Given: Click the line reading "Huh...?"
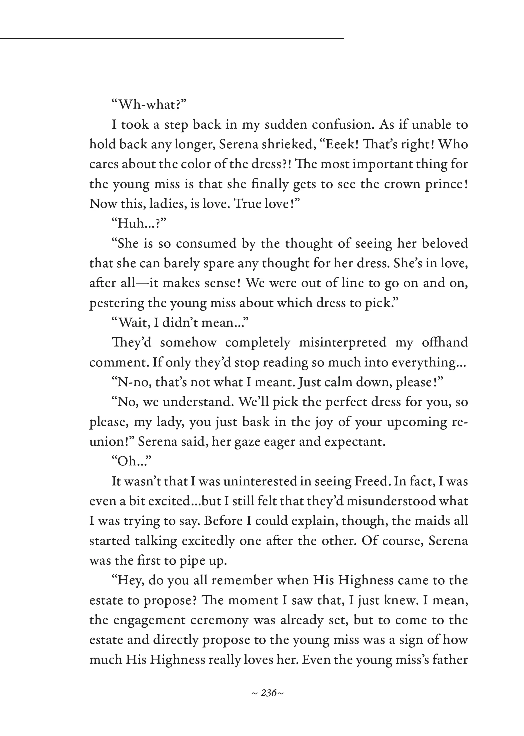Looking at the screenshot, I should coord(139,223).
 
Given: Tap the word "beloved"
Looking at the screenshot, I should coord(445,243).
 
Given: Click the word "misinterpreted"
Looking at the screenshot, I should coord(342,342).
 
